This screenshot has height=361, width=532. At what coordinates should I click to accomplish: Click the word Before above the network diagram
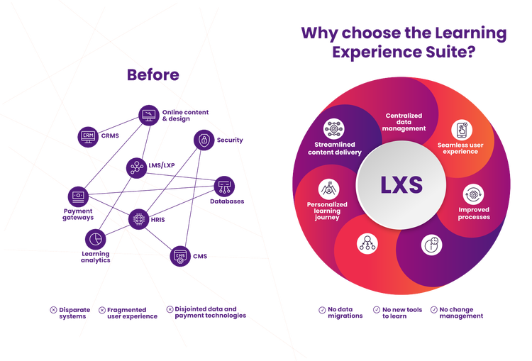coord(153,75)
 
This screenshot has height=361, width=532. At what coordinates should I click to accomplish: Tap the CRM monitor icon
coord(88,135)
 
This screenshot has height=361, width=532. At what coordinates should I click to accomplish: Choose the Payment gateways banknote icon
coord(77,196)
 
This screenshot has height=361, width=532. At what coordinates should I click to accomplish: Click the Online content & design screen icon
coord(149,114)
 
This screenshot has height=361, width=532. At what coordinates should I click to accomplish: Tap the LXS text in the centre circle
coord(401,187)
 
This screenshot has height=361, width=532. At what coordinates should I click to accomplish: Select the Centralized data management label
coord(405,122)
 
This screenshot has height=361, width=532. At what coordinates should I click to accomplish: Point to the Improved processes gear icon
coord(473,194)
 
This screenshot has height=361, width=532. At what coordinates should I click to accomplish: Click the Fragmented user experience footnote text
coord(127,313)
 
